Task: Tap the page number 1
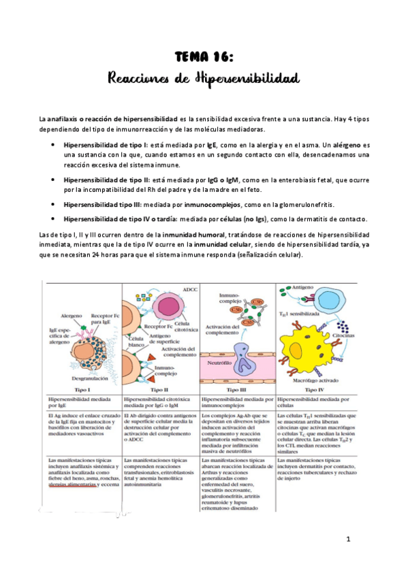coord(347,540)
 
